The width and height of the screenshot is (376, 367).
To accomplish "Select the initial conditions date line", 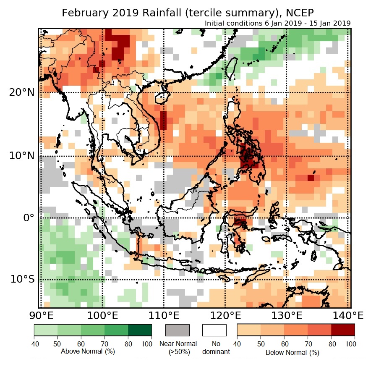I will [x=278, y=24].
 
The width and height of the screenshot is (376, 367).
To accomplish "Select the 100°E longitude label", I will [x=102, y=315].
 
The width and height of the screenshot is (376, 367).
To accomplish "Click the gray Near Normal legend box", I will [x=178, y=330].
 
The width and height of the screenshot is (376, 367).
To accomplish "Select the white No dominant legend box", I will [x=214, y=330].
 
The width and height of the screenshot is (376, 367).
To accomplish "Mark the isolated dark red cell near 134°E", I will [x=310, y=178].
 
